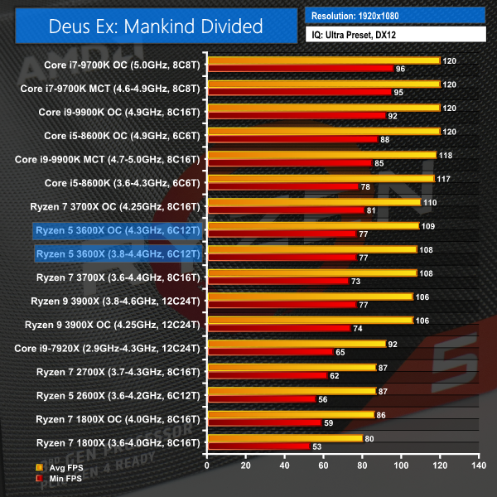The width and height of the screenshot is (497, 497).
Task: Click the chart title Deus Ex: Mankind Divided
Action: click(152, 26)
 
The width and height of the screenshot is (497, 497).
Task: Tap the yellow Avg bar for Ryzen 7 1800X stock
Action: click(284, 438)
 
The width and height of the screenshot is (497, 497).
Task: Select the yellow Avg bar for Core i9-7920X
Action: click(296, 344)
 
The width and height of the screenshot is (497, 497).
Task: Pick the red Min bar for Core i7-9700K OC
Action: click(300, 69)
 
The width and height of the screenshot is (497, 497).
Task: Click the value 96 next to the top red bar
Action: click(400, 69)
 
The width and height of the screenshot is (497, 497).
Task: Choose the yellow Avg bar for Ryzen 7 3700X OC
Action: click(314, 202)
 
